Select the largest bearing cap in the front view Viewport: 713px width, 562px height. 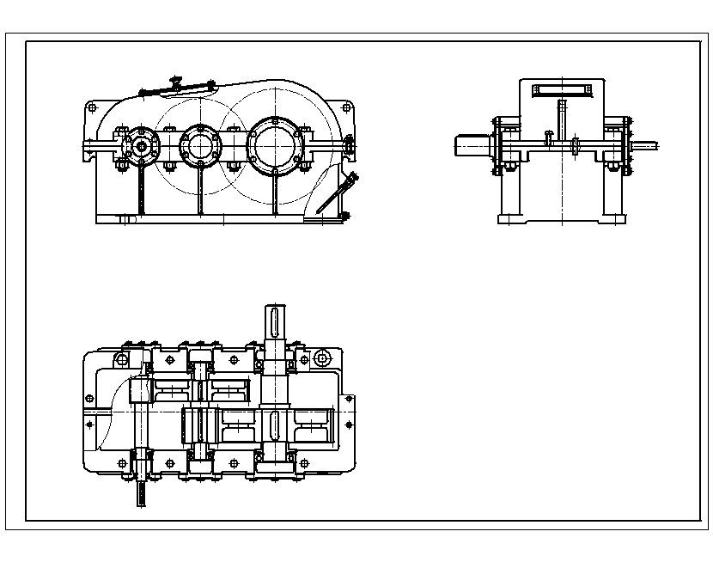coord(274,142)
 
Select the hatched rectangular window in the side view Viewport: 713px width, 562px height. coord(560,89)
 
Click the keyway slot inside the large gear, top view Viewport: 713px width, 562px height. coord(274,425)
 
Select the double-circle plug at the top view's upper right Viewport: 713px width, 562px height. coord(323,357)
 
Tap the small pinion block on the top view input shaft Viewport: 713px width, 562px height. coord(140,391)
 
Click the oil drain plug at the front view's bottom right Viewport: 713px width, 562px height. coord(345,215)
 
